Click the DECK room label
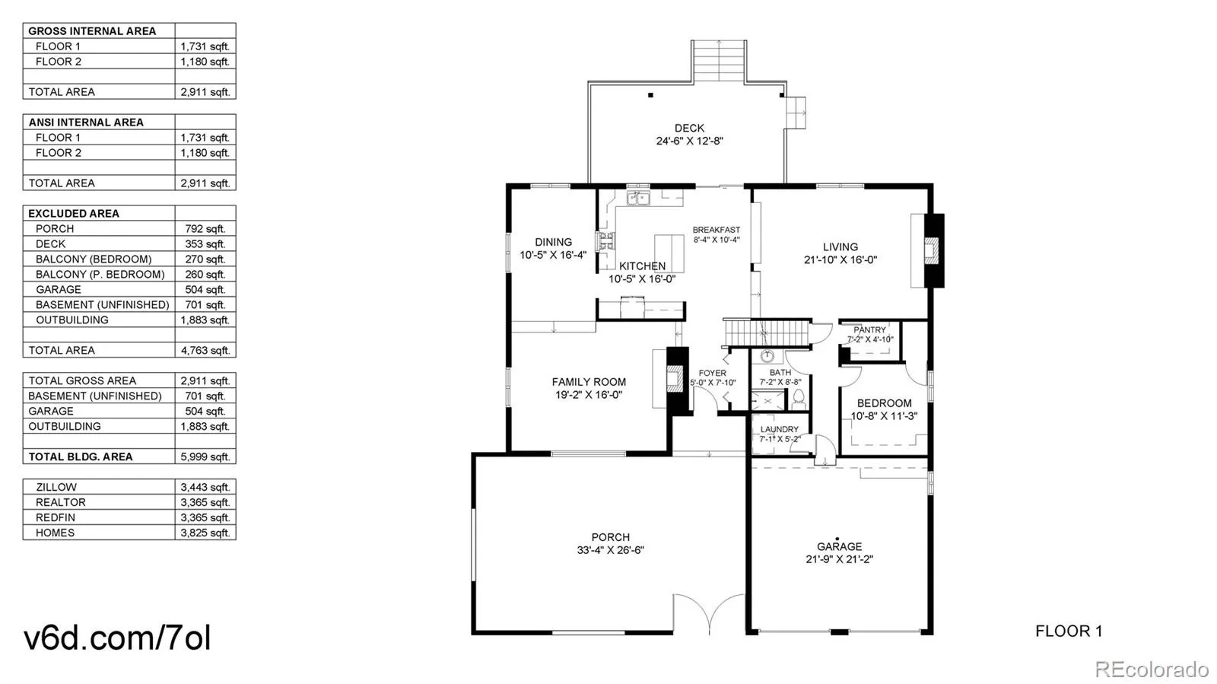click(x=689, y=128)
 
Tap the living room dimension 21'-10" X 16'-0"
click(x=840, y=259)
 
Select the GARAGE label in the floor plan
click(x=839, y=546)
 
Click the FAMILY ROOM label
click(x=589, y=382)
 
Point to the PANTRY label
click(x=869, y=330)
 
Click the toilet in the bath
click(x=799, y=396)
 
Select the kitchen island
click(x=669, y=253)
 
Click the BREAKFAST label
click(x=716, y=230)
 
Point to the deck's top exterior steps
click(x=719, y=60)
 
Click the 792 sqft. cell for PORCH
click(x=205, y=228)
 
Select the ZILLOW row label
click(x=56, y=487)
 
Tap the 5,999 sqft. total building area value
click(x=205, y=457)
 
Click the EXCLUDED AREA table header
click(x=74, y=213)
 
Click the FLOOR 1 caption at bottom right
click(x=1068, y=631)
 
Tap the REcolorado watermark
click(x=1151, y=670)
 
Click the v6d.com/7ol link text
click(x=117, y=638)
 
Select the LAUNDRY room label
click(x=779, y=429)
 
